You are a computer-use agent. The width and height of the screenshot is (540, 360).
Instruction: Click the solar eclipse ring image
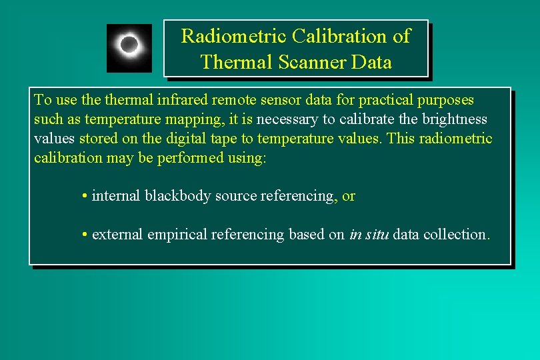[x=129, y=47]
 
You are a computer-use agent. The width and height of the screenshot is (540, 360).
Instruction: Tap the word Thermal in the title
[x=233, y=62]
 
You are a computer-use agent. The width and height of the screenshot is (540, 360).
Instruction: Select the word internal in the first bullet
[x=117, y=196]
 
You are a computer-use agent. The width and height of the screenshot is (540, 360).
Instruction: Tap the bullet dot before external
[x=85, y=235]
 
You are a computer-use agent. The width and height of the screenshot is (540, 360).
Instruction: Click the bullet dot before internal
[x=85, y=196]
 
